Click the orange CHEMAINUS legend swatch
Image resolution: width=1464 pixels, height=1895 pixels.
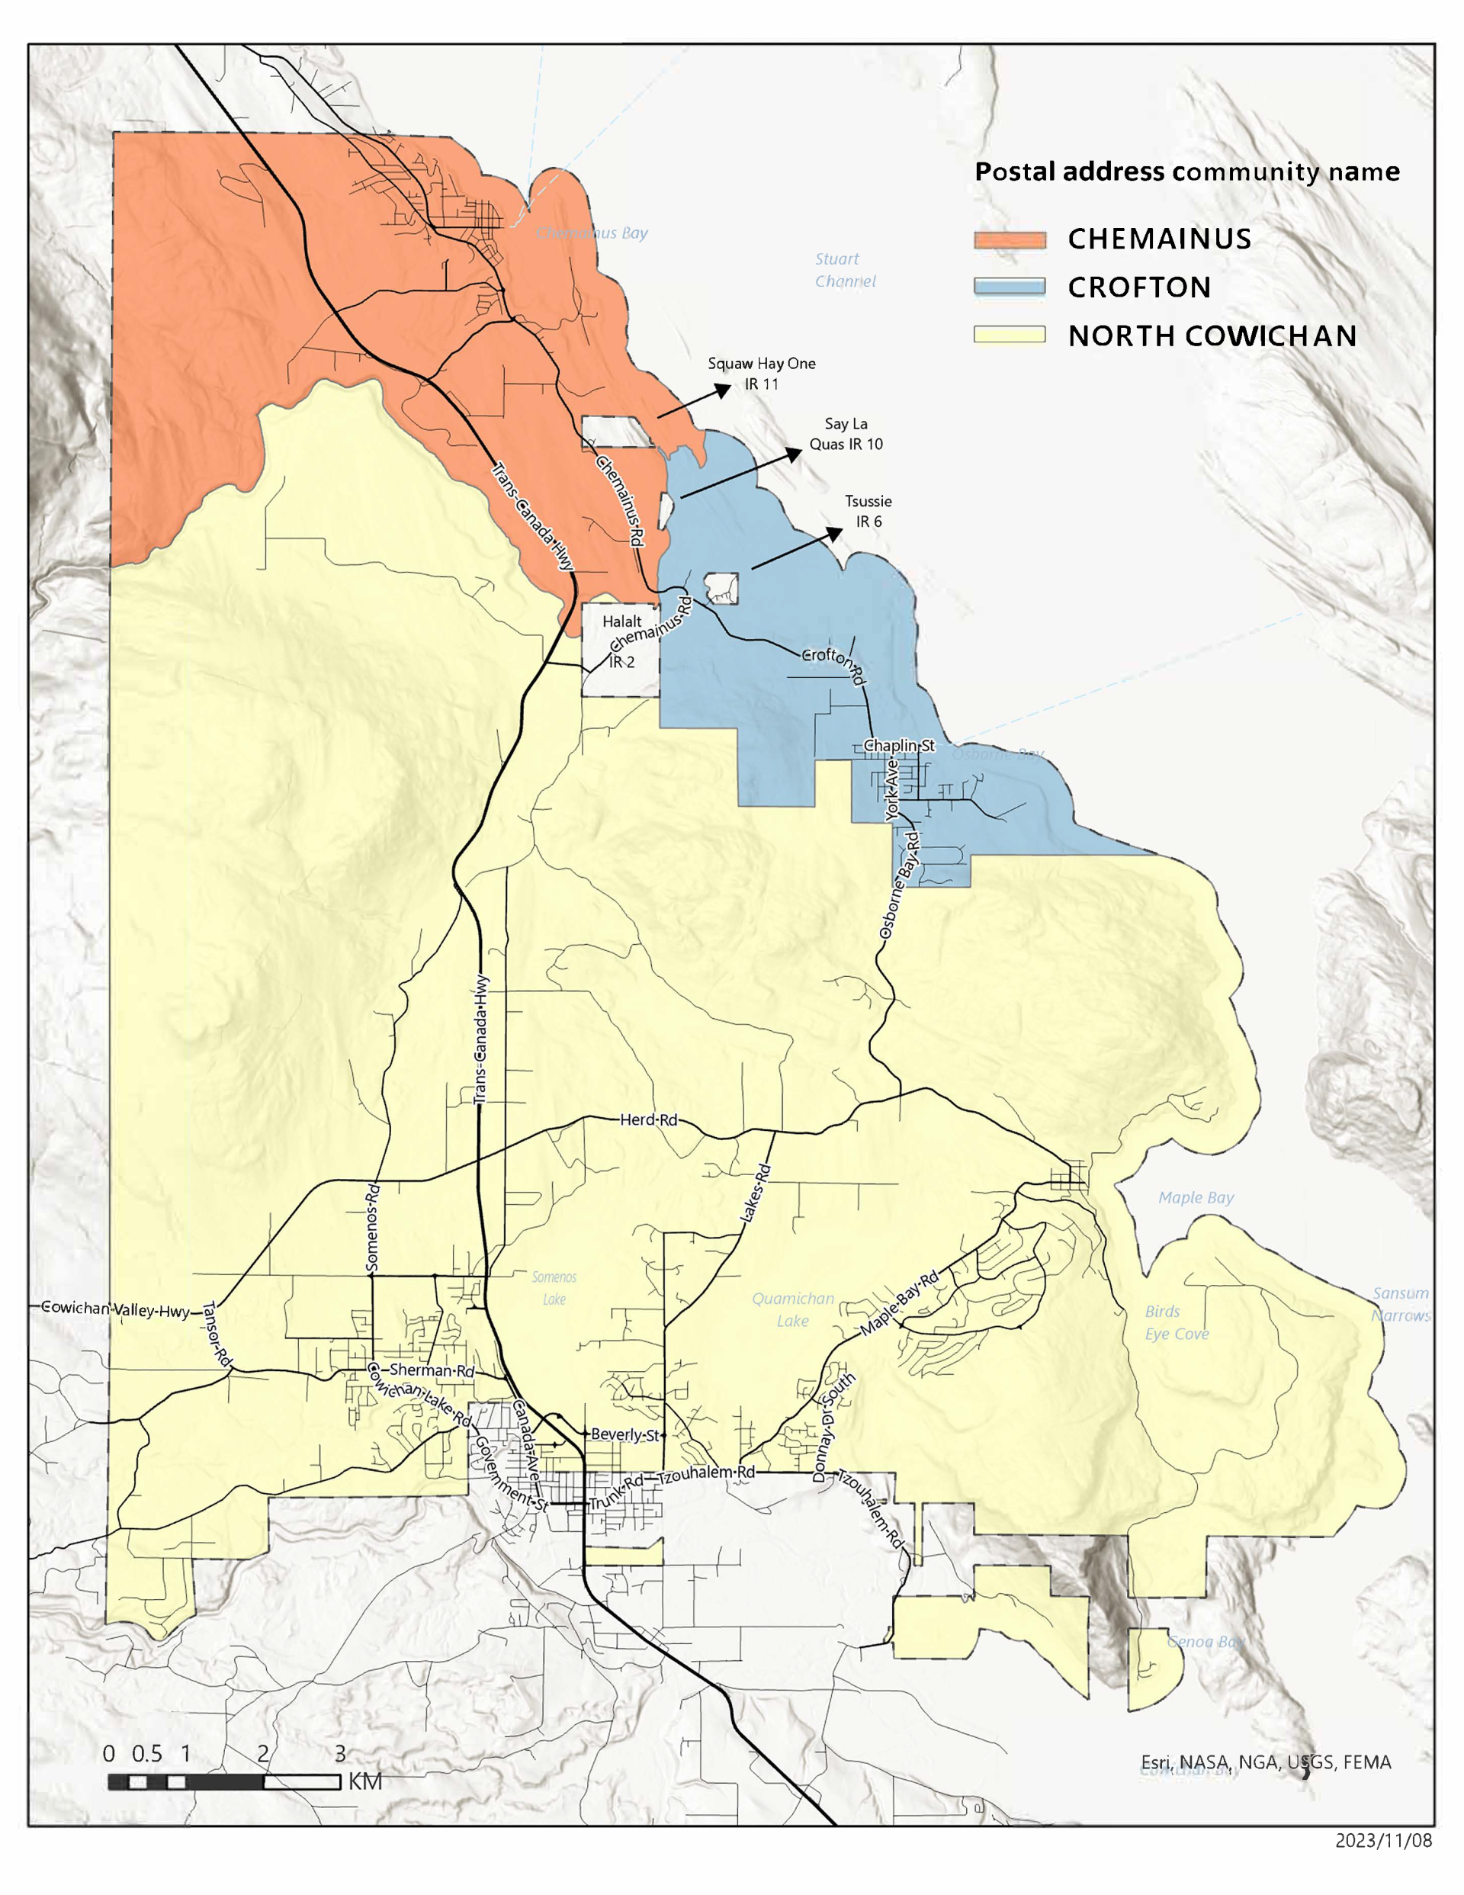point(1010,239)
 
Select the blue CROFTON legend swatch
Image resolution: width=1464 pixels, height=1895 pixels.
point(1010,287)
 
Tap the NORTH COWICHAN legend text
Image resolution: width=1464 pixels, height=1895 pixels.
point(1212,336)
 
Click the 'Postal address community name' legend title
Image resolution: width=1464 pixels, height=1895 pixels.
point(1186,172)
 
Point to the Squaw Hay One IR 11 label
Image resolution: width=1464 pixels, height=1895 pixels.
point(761,373)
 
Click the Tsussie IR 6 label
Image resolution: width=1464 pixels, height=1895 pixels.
point(868,511)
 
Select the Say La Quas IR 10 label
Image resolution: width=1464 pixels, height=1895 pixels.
point(846,434)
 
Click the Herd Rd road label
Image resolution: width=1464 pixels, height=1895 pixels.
point(648,1119)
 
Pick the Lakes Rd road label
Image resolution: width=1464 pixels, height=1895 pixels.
point(755,1194)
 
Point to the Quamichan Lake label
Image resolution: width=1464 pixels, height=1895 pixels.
point(792,1309)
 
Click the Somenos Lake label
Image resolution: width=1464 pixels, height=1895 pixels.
point(554,1288)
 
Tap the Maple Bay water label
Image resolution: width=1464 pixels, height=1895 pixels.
point(1195,1197)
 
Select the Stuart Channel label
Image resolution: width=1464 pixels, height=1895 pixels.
point(844,270)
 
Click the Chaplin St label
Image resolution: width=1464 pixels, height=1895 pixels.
point(898,745)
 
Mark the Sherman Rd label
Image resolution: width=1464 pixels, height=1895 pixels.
point(432,1370)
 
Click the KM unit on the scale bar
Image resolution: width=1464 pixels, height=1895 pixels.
point(364,1781)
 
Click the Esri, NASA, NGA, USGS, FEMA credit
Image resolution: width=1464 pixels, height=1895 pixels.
point(1265,1762)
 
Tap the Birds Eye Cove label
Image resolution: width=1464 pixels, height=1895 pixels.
point(1176,1322)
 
